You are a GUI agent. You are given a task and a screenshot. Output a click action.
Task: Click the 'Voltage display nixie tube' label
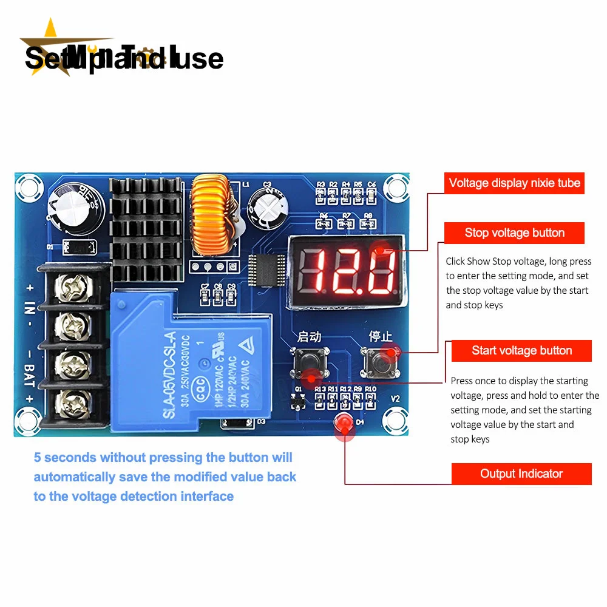[514, 183]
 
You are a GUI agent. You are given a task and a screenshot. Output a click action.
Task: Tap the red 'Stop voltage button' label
[514, 233]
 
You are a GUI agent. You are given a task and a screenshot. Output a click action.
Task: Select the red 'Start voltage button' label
[521, 351]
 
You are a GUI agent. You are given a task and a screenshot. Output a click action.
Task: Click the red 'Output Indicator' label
[521, 474]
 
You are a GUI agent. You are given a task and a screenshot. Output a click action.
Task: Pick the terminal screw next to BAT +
[73, 401]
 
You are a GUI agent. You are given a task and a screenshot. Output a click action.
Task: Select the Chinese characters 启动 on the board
[309, 336]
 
